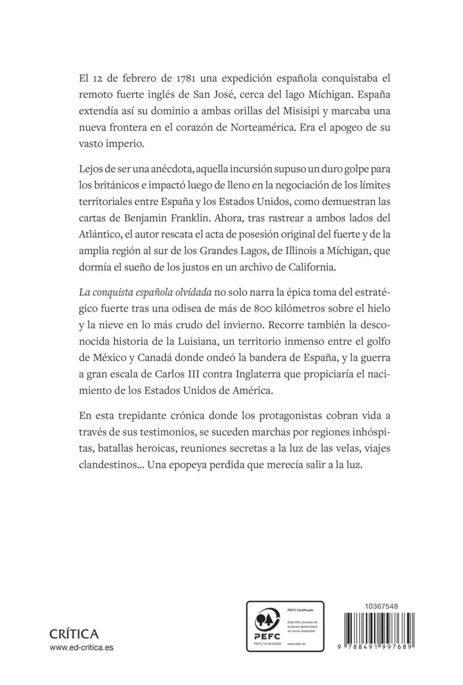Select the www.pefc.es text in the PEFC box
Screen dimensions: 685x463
point(295,644)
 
